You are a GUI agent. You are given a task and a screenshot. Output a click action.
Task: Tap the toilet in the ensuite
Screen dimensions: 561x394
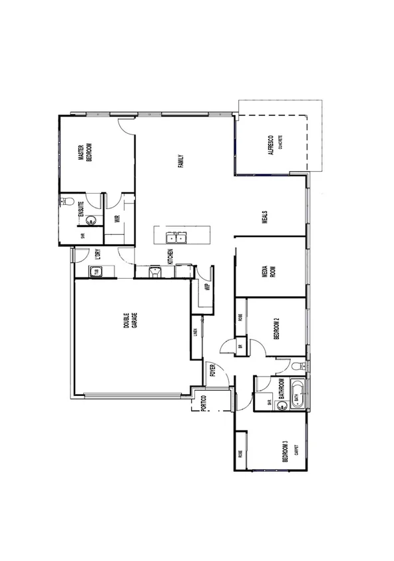pyautogui.click(x=66, y=201)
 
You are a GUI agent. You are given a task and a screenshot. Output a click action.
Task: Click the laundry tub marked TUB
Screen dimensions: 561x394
pyautogui.click(x=96, y=272)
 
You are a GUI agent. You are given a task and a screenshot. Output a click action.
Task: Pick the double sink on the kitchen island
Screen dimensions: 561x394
pyautogui.click(x=176, y=236)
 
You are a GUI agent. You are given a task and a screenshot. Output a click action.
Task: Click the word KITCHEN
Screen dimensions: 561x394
pyautogui.click(x=171, y=256)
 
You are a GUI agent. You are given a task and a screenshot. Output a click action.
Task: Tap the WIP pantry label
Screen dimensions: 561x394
pyautogui.click(x=207, y=287)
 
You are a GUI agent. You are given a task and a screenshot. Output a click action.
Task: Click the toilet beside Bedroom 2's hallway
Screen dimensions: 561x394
pyautogui.click(x=297, y=365)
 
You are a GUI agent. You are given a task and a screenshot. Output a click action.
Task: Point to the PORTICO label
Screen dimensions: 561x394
pyautogui.click(x=204, y=403)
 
